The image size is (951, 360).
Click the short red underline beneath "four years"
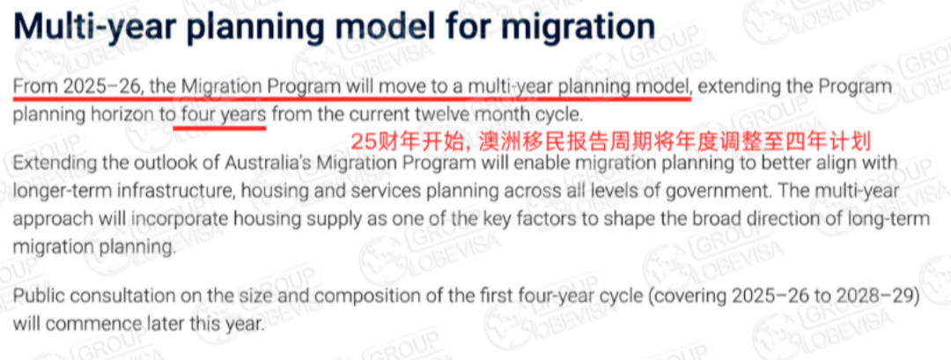click(219, 128)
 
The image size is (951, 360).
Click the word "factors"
click(550, 219)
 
